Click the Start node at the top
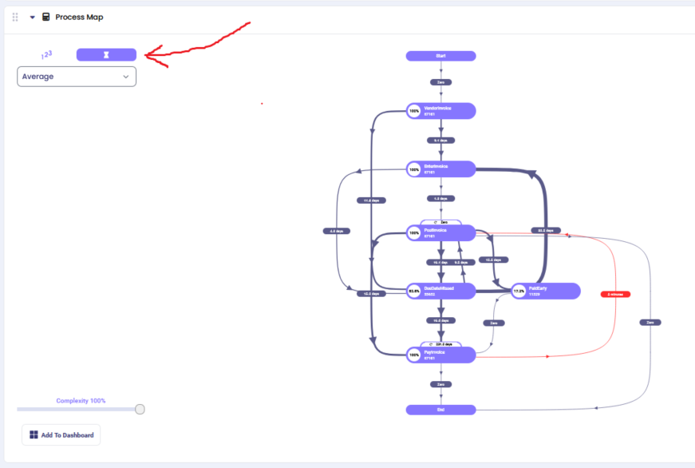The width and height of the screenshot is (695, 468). click(440, 56)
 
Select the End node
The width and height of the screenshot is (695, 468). click(440, 410)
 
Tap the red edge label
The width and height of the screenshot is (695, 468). click(615, 295)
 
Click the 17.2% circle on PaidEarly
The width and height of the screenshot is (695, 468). click(519, 292)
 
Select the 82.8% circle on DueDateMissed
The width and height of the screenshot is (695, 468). click(414, 292)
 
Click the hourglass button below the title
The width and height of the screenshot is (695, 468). click(106, 54)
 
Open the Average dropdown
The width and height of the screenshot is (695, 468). click(77, 77)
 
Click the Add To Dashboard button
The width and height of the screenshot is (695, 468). click(61, 435)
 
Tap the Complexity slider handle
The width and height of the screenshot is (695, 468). click(140, 409)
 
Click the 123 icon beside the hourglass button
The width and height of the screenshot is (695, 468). click(46, 55)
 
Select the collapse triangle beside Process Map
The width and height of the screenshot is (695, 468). click(32, 17)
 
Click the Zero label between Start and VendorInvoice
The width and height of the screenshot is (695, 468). click(440, 82)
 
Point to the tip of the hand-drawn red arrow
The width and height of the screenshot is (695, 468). click(147, 56)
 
